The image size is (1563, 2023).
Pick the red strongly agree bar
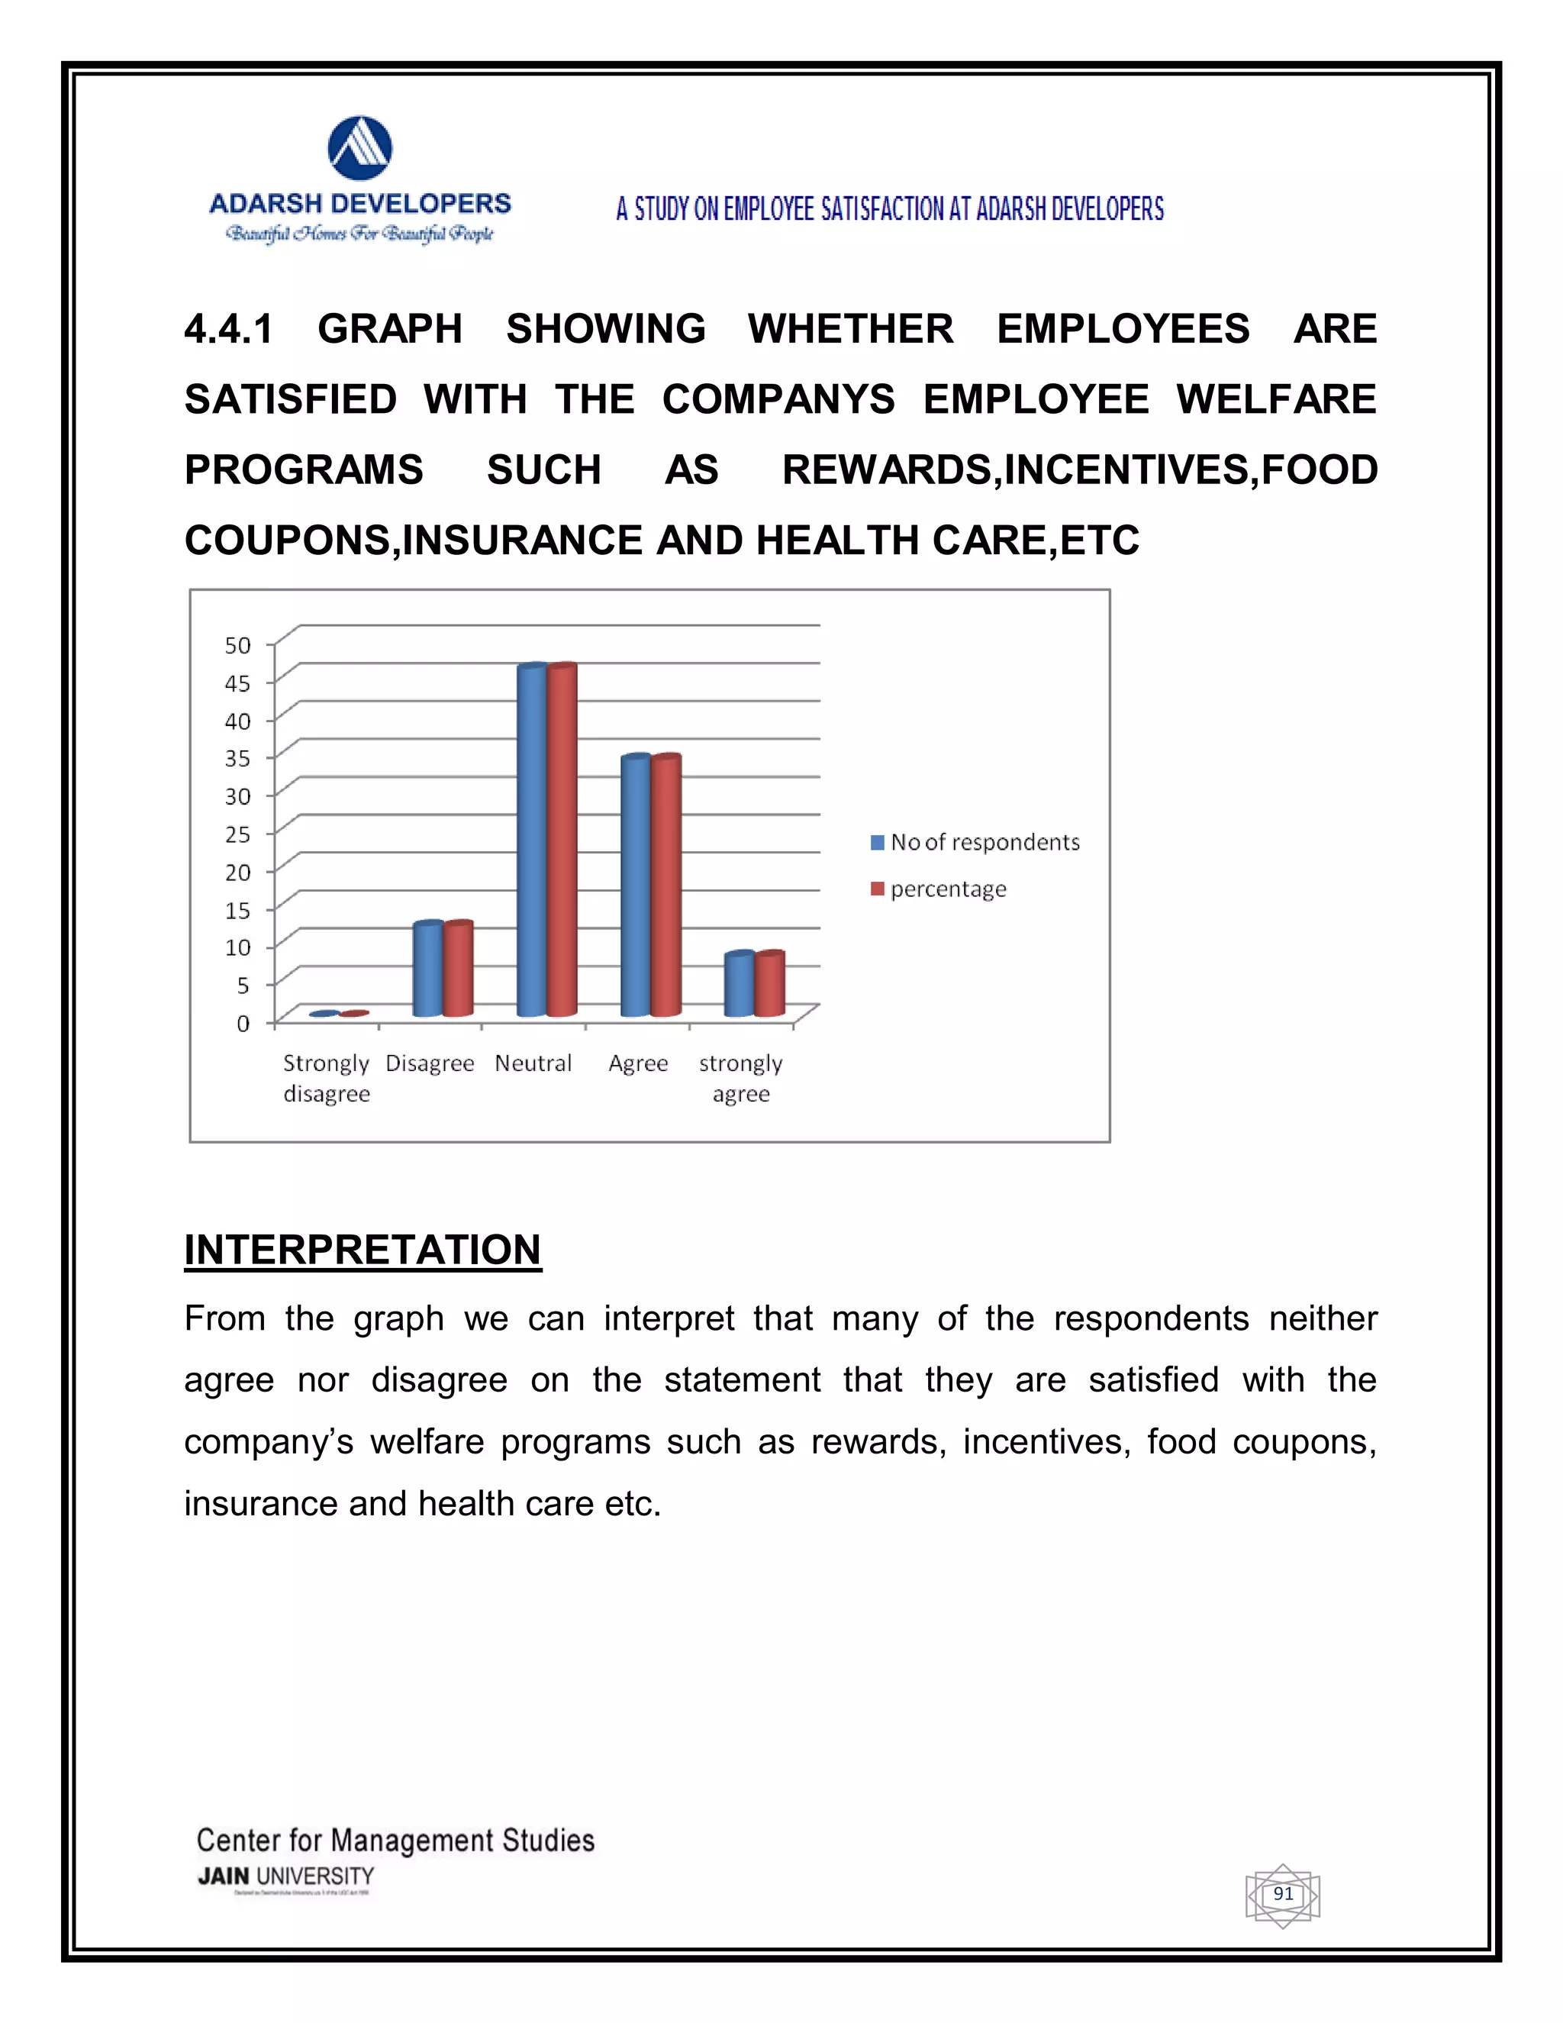click(769, 985)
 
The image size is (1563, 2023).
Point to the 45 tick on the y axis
click(238, 683)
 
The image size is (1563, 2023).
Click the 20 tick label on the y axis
click(238, 873)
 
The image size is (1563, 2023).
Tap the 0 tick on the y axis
click(243, 1024)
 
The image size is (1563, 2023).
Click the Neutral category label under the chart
click(533, 1063)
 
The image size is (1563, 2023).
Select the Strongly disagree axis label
click(326, 1078)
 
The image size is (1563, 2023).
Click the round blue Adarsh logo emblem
click(360, 148)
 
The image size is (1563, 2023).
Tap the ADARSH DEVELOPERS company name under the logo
click(360, 204)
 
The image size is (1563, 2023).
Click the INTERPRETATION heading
click(362, 1250)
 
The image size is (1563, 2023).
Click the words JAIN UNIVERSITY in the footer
click(286, 1876)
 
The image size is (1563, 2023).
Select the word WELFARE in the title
click(1276, 400)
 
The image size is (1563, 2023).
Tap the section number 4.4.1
click(229, 330)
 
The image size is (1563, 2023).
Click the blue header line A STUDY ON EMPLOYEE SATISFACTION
click(890, 209)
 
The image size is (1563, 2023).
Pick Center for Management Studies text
click(395, 1840)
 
